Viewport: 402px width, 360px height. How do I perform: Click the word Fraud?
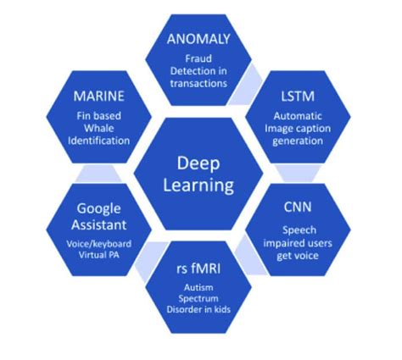point(200,58)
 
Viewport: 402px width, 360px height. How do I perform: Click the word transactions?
point(200,84)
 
